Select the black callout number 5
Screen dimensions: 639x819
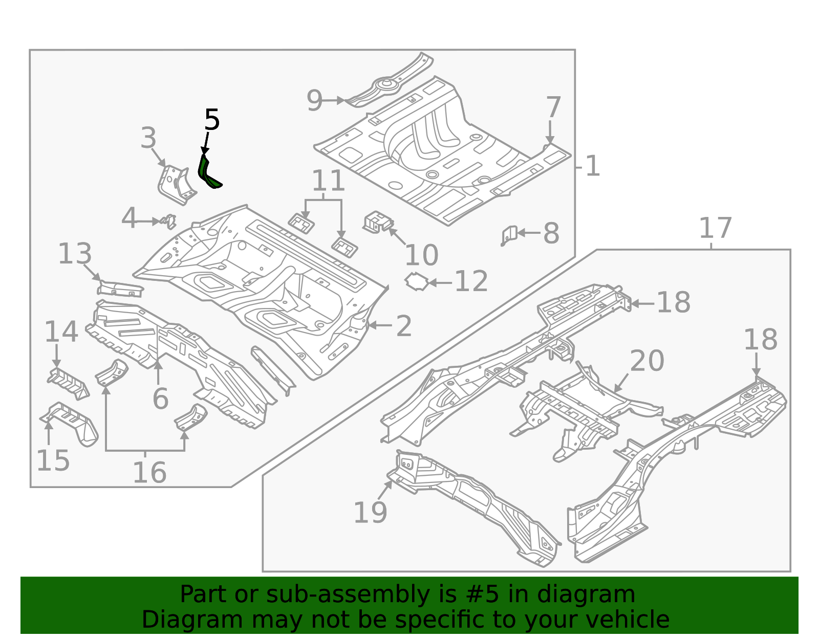click(x=212, y=120)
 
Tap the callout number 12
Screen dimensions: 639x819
click(x=471, y=281)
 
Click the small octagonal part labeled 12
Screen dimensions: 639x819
click(x=417, y=282)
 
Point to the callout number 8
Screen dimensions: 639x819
click(x=551, y=234)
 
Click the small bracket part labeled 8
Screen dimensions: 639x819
click(x=509, y=235)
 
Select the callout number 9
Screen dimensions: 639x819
click(x=315, y=101)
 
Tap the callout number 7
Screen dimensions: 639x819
click(x=553, y=108)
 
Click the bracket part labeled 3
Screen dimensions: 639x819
click(x=176, y=185)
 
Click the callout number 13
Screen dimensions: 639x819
click(x=75, y=254)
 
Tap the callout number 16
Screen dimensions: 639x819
click(x=149, y=472)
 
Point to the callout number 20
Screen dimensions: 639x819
click(x=647, y=361)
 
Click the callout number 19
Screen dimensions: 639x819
click(x=370, y=512)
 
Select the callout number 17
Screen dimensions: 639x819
click(x=715, y=228)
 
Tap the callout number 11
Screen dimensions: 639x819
click(x=328, y=181)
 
